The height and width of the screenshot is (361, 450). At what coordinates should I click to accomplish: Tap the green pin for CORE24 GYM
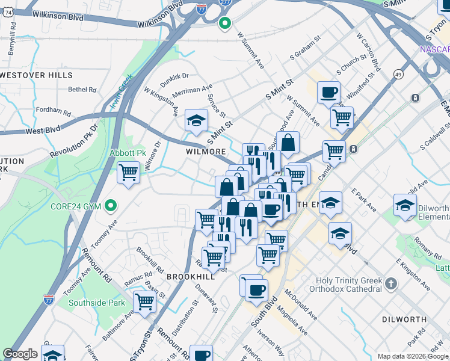coord(110,206)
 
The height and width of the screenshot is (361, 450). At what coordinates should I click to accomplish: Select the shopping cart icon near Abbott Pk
coord(128,173)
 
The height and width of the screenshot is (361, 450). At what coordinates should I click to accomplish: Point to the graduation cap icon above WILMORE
coord(196,120)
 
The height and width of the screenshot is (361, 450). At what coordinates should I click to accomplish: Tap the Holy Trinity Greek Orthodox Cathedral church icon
coord(391,283)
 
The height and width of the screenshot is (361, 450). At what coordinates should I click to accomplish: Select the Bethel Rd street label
coord(82,90)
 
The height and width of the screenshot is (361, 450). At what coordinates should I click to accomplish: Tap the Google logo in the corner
coord(20,354)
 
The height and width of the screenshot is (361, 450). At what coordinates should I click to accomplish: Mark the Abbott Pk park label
coord(128,153)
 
